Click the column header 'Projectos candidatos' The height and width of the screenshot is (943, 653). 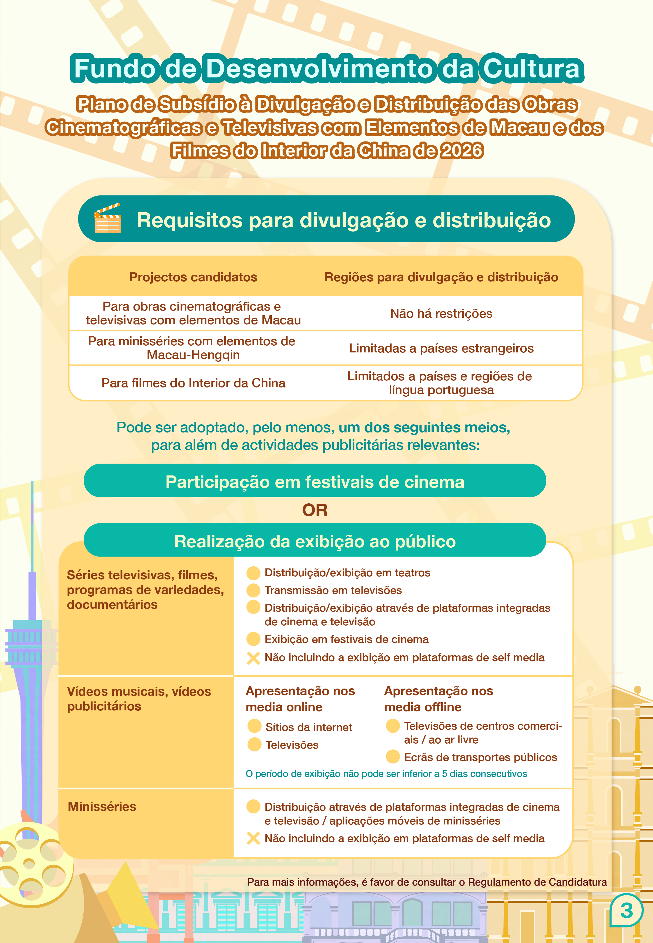[193, 277]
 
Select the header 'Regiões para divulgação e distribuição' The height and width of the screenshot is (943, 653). [441, 277]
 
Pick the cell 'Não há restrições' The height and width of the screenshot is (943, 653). [441, 313]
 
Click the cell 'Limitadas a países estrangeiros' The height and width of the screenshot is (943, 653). [441, 348]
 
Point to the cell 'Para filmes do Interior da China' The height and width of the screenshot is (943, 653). [193, 383]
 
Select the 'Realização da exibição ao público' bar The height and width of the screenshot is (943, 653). [315, 541]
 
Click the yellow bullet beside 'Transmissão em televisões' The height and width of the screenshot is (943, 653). [253, 590]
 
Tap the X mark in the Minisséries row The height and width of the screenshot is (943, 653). [253, 839]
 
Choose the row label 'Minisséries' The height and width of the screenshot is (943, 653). [102, 807]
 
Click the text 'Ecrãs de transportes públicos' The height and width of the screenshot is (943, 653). [480, 758]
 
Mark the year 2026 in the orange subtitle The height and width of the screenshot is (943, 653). [462, 151]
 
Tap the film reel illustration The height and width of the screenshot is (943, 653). [30, 864]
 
